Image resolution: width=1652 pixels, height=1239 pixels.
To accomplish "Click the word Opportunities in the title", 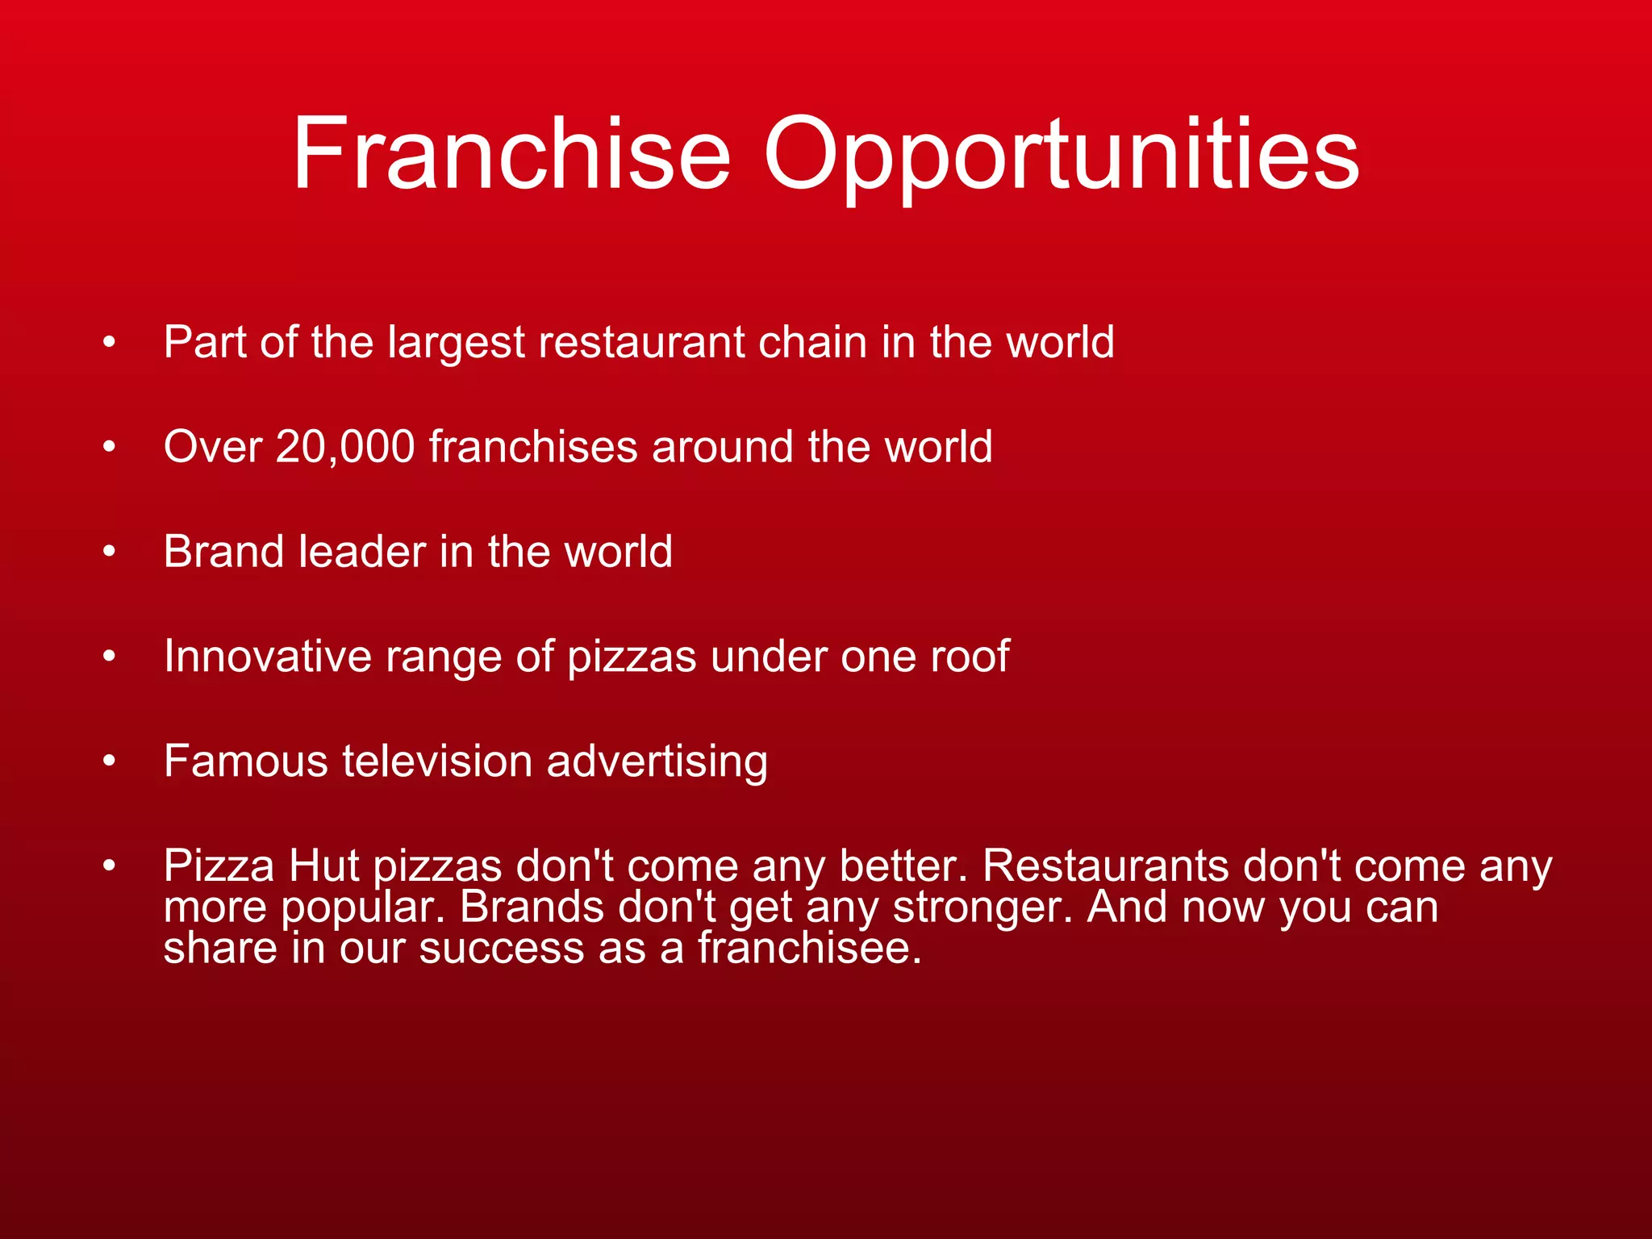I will tap(1062, 155).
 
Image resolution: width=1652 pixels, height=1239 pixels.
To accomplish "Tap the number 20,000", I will tap(345, 447).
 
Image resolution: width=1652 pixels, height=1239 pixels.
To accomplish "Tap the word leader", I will tap(362, 552).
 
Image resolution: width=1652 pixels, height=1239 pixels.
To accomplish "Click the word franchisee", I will tap(810, 948).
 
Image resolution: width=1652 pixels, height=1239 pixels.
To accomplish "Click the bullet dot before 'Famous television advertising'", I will tap(110, 761).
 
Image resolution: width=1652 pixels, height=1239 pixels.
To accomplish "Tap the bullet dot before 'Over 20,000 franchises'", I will tap(110, 447).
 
